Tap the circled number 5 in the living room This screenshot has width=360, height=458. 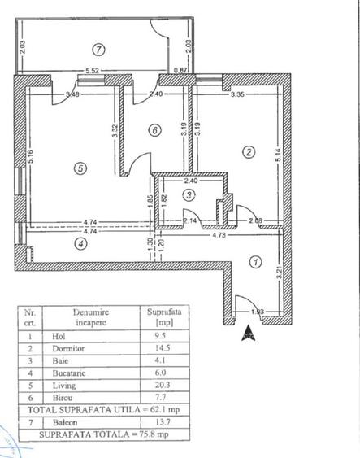coord(79,168)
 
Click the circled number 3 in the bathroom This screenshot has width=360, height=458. coord(189,194)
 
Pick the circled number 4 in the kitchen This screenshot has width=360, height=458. coord(80,242)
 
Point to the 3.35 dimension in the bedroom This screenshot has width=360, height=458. coord(237,94)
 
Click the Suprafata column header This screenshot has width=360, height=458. coord(158,312)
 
